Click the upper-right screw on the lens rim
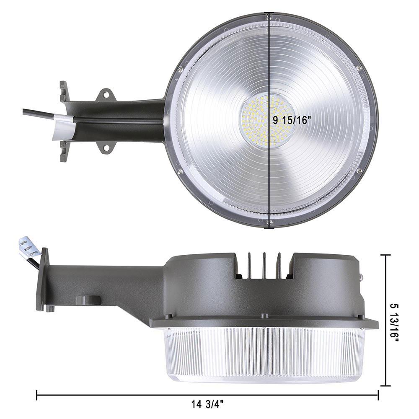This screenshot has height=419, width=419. pyautogui.click(x=359, y=68)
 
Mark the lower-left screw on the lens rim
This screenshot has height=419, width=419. pyautogui.click(x=180, y=171)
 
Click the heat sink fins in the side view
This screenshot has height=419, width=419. pyautogui.click(x=264, y=264)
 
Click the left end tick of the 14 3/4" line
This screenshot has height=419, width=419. pyautogui.click(x=37, y=395)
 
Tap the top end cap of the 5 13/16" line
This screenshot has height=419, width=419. pyautogui.click(x=385, y=255)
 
